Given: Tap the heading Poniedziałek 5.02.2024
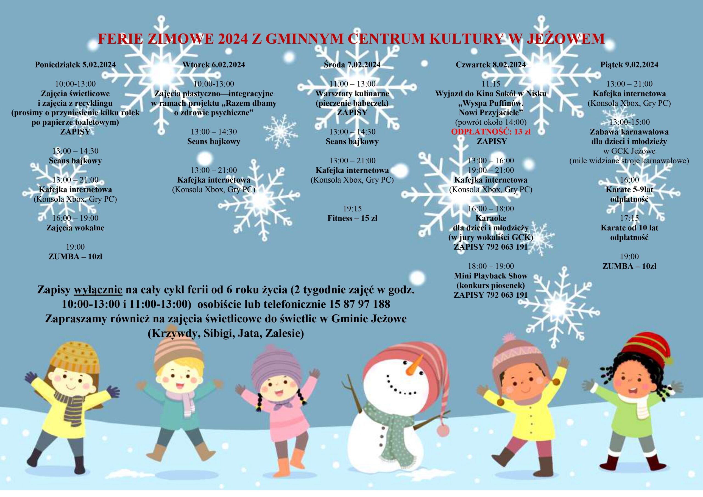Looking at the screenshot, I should pyautogui.click(x=75, y=65).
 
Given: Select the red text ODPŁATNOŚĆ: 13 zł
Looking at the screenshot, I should pyautogui.click(x=491, y=132).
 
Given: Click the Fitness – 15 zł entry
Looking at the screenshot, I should pyautogui.click(x=352, y=218).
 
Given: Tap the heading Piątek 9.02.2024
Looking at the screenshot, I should pyautogui.click(x=629, y=65).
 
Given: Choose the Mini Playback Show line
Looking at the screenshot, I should pyautogui.click(x=491, y=276).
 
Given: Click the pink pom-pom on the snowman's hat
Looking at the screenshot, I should pyautogui.click(x=443, y=431).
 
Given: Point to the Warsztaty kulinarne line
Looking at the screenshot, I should pyautogui.click(x=352, y=94).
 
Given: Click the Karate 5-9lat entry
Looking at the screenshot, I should pyautogui.click(x=629, y=189).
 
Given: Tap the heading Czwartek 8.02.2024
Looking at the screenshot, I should pyautogui.click(x=491, y=65).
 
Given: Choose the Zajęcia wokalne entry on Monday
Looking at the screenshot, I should pyautogui.click(x=75, y=228).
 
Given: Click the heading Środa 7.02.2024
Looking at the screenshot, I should pyautogui.click(x=352, y=65).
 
